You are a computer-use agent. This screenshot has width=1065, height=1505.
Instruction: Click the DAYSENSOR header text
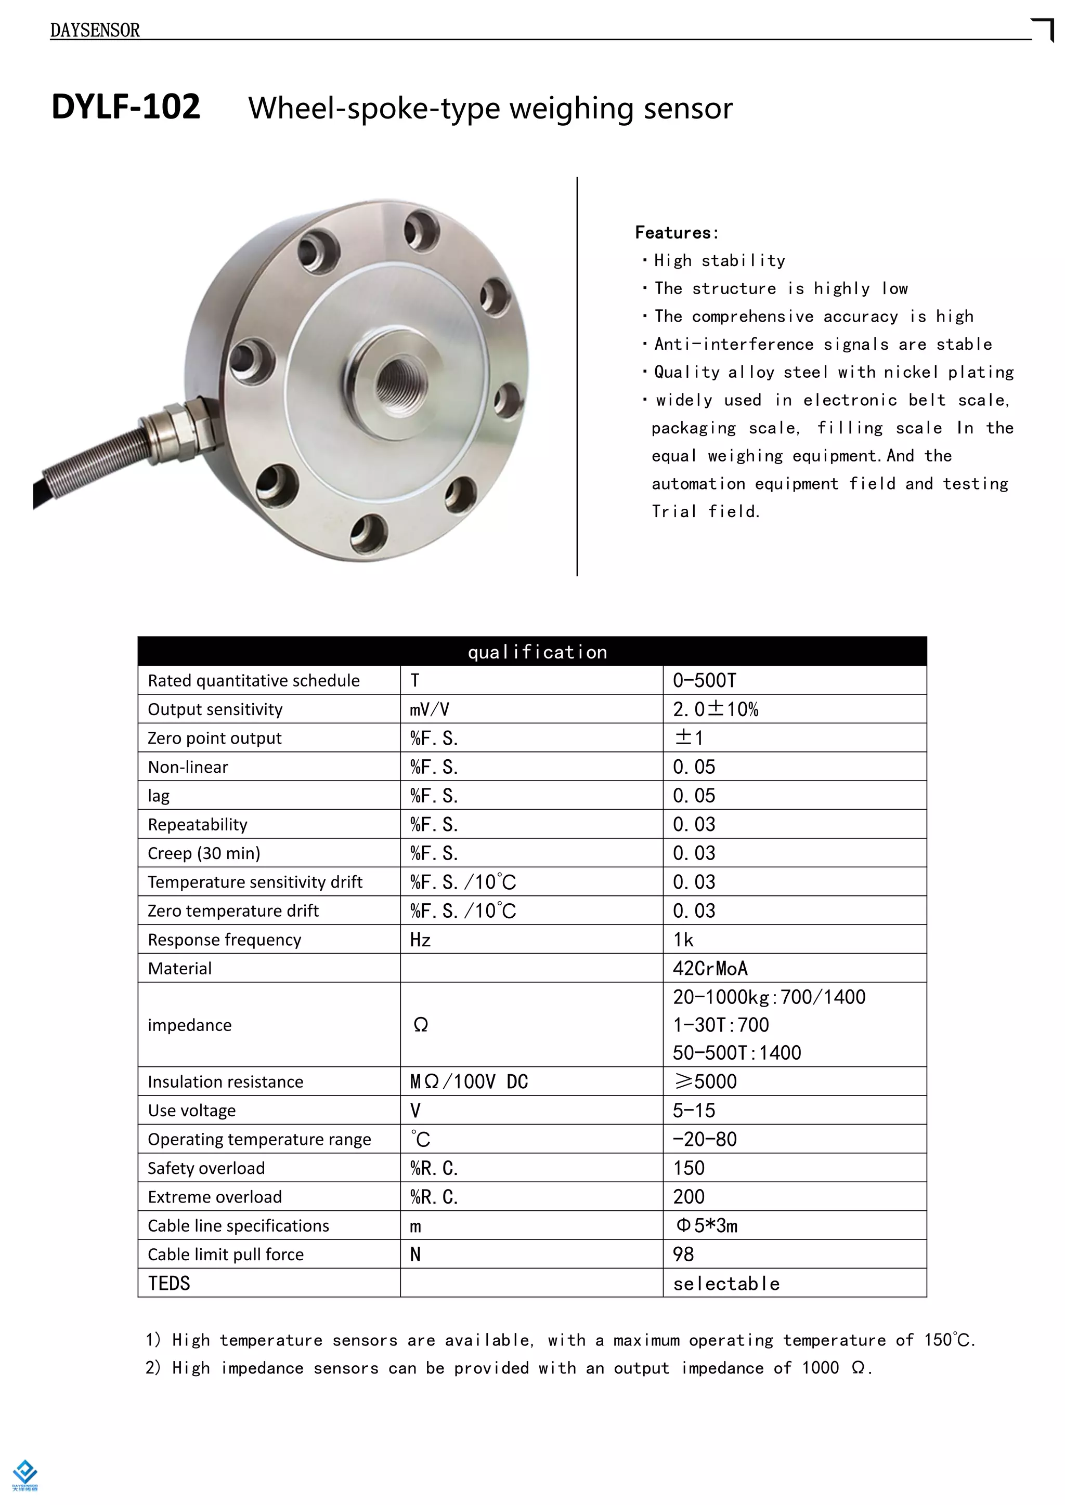pos(95,30)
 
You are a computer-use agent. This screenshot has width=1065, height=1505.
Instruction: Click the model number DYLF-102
pos(126,107)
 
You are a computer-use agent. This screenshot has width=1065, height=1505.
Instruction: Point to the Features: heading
pos(677,233)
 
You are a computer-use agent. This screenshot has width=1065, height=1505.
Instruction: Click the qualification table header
pos(537,652)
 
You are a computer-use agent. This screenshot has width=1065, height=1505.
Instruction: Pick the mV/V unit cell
pos(430,709)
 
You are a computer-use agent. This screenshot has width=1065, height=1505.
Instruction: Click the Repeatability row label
pos(198,825)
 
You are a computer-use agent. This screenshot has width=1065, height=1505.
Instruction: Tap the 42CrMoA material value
pos(710,968)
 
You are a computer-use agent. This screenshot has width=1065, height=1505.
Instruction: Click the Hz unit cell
pos(420,940)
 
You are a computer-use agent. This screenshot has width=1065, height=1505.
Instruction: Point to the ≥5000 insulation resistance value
pos(706,1081)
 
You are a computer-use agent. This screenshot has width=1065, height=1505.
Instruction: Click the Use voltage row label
pos(191,1111)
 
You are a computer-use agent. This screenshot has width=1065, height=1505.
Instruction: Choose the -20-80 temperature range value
pos(705,1139)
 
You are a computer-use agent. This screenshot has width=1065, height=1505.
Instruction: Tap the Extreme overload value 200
pos(689,1197)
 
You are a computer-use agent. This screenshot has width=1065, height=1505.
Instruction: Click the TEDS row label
pos(168,1284)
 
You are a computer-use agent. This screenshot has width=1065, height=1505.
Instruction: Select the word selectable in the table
pos(726,1284)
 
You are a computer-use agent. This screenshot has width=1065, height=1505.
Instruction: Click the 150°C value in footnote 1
pos(949,1340)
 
